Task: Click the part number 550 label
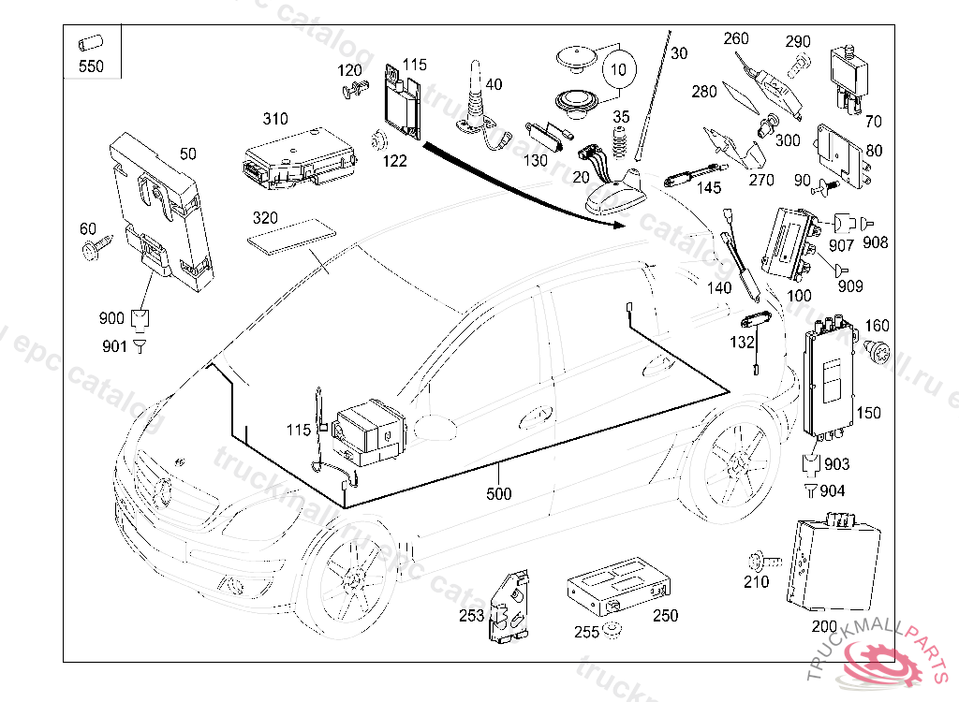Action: point(91,66)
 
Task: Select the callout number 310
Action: point(275,119)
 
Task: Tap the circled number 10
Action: point(616,70)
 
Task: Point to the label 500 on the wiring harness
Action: point(499,493)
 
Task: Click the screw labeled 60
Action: point(94,248)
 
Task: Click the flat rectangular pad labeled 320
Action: point(290,236)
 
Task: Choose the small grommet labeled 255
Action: point(612,629)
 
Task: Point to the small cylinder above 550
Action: point(91,44)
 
